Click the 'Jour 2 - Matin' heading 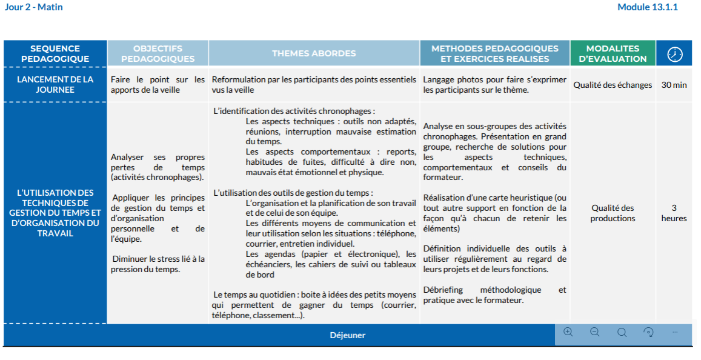(34, 7)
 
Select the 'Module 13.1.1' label (647, 7)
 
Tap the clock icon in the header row (674, 54)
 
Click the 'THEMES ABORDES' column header (314, 53)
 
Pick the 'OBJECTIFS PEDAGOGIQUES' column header (158, 53)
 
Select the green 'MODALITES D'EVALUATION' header (613, 53)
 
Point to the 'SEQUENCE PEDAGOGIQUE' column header (55, 53)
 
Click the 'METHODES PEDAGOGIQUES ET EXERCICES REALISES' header (494, 53)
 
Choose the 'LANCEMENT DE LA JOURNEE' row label (55, 84)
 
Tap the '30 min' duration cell (674, 85)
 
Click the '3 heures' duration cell (674, 213)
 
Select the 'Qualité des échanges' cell (613, 85)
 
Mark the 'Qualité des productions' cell (613, 213)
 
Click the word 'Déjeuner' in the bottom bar (348, 335)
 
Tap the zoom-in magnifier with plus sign (568, 332)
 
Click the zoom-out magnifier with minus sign (594, 332)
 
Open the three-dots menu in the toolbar (675, 332)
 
